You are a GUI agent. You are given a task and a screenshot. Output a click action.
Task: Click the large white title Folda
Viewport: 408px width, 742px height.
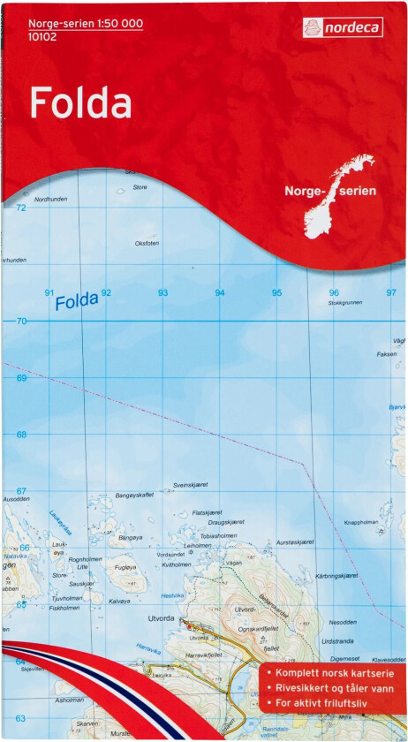tap(80, 103)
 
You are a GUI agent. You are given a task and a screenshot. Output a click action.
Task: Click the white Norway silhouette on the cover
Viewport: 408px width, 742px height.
tap(339, 196)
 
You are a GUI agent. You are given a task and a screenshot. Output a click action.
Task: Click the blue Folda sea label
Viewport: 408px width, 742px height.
tap(75, 301)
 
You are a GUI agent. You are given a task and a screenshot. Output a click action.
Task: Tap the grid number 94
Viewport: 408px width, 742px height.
tap(220, 292)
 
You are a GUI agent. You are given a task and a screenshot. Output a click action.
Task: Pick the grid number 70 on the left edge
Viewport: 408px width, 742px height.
tap(20, 322)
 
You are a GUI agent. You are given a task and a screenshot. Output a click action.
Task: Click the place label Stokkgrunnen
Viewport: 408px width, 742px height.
tap(344, 303)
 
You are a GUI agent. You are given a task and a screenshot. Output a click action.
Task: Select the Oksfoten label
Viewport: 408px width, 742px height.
tap(147, 243)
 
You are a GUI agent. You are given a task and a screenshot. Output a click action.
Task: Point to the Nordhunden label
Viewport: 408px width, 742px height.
tap(50, 200)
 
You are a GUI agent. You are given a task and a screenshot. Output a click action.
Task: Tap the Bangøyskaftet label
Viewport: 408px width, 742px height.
tap(134, 496)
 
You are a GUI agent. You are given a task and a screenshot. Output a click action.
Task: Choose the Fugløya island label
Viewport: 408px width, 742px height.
tap(125, 567)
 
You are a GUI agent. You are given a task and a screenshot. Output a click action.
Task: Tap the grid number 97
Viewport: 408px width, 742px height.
tap(391, 292)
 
